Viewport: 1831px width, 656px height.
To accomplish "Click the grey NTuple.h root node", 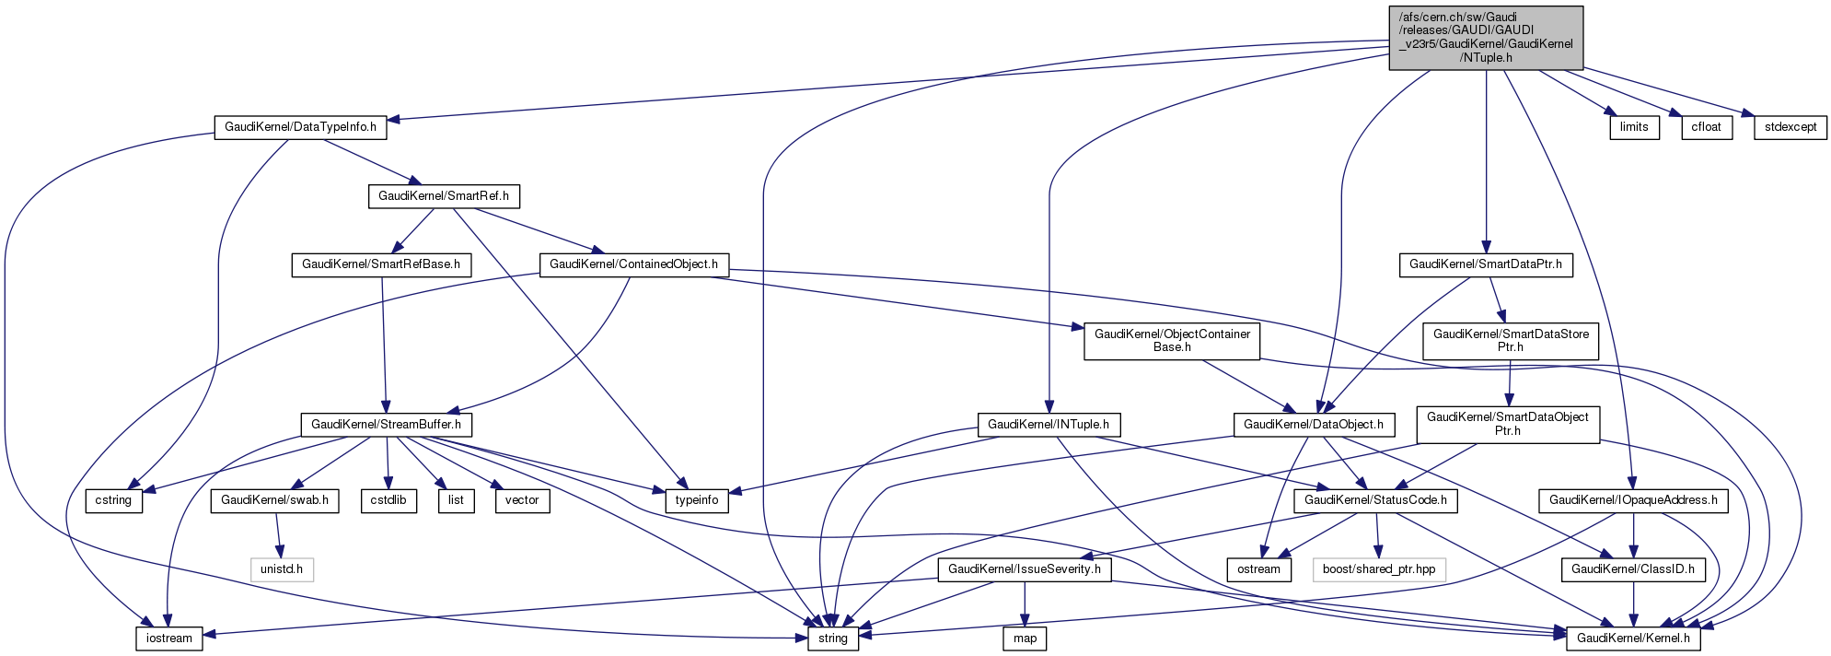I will pos(1485,37).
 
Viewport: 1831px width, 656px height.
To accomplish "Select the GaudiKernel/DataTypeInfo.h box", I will pos(300,127).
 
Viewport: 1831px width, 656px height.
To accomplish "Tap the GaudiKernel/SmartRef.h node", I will pos(444,196).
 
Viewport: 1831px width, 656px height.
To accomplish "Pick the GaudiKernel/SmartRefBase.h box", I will pos(382,264).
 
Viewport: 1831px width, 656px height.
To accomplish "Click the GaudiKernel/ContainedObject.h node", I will pos(633,264).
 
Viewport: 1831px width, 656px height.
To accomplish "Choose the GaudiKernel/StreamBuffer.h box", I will pos(387,425).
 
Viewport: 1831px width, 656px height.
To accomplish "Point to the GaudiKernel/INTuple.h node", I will pos(1048,425).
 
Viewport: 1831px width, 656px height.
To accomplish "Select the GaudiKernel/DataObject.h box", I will pos(1314,425).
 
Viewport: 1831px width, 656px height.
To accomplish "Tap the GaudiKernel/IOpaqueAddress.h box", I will pos(1633,500).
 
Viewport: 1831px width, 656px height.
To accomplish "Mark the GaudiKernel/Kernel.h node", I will pos(1633,638).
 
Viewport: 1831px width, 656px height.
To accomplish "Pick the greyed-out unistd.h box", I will pos(282,569).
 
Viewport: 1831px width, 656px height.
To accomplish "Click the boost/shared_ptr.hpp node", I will pos(1378,569).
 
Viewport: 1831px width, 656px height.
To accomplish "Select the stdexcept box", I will pos(1790,127).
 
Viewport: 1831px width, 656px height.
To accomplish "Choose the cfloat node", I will pos(1706,127).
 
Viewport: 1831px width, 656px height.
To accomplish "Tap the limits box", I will pos(1634,127).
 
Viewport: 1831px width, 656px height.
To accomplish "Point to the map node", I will pos(1025,638).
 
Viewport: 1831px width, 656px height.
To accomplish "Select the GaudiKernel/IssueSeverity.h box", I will pos(1025,569).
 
